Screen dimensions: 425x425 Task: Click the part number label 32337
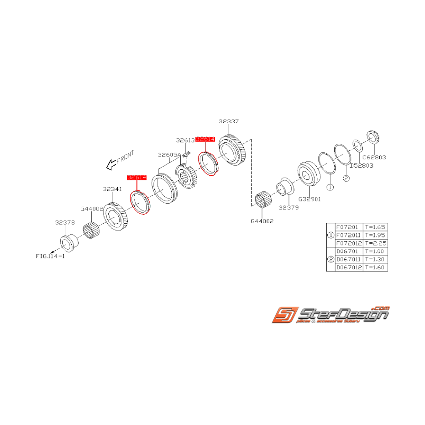tap(228, 121)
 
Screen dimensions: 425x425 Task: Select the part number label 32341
tap(112, 189)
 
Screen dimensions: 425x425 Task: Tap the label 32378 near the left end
tap(64, 223)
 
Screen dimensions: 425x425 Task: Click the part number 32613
tap(185, 141)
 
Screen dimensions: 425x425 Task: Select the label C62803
tap(374, 157)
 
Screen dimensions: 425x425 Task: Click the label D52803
tap(361, 165)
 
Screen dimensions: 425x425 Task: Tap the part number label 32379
tap(288, 207)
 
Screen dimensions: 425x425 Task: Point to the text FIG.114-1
tap(51, 256)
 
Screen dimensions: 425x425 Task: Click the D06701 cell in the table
tap(347, 251)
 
